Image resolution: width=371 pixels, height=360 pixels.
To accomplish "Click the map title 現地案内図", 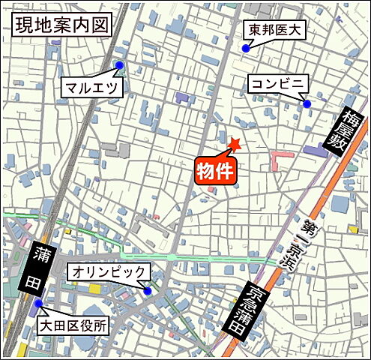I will click(x=61, y=24).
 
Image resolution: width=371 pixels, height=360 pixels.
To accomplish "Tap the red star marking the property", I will click(x=235, y=144).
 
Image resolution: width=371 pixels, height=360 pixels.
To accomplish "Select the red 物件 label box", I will click(x=217, y=171).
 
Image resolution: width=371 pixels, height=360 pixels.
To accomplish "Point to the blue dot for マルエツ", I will click(x=119, y=65).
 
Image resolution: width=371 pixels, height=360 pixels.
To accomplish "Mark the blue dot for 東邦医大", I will click(x=245, y=49).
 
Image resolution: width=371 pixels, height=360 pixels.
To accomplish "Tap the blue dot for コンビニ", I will click(x=307, y=103).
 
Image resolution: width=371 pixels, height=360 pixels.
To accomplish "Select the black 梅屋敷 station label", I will click(x=344, y=132).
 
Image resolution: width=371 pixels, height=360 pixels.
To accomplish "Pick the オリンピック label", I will click(x=109, y=271).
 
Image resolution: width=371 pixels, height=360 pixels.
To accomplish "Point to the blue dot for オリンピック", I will click(x=148, y=291).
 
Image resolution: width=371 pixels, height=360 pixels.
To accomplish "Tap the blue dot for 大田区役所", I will click(x=38, y=304).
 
